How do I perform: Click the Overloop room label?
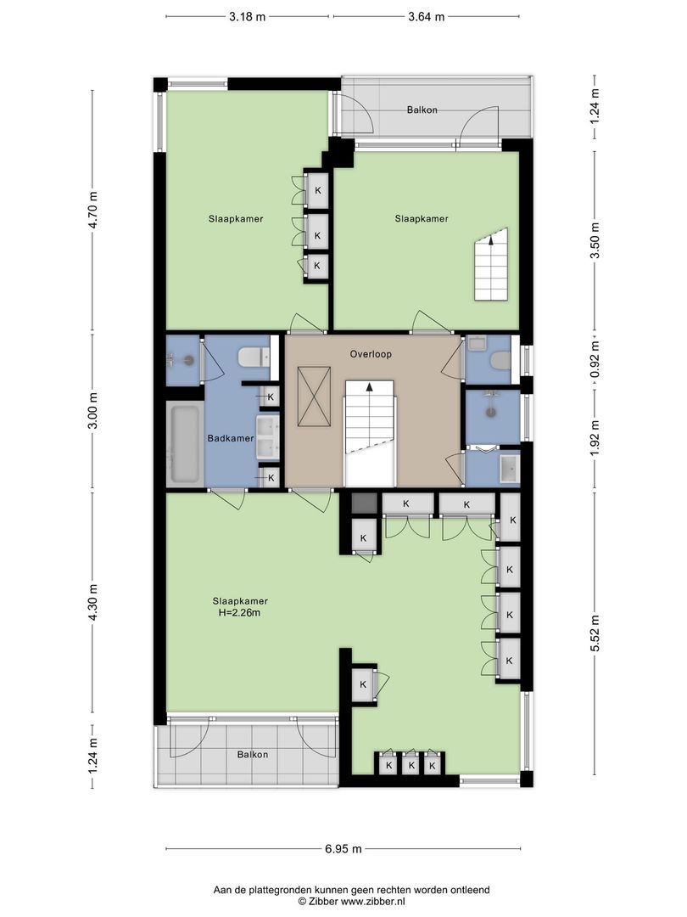point(370,353)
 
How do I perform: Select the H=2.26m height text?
point(236,612)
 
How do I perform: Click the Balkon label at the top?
point(422,110)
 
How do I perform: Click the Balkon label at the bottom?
point(253,754)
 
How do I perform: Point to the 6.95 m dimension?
point(344,848)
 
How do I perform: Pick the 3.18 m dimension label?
point(246,16)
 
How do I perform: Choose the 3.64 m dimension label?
point(426,16)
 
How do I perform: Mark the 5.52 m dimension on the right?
point(595,633)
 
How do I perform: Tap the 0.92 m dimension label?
point(595,360)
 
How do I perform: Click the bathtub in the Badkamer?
point(184,443)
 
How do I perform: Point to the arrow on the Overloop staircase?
point(370,386)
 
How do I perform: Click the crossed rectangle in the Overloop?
point(313,397)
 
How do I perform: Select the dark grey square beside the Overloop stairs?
point(363,503)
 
